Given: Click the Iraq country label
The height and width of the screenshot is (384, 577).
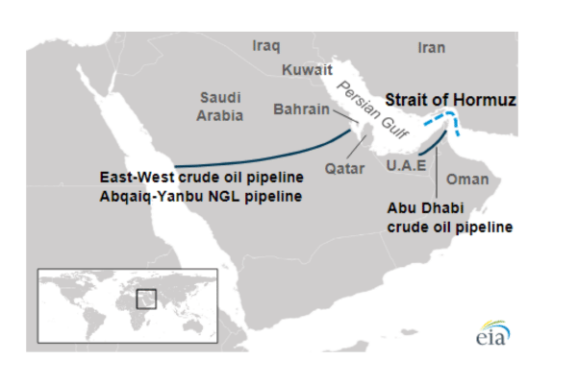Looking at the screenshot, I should click(x=266, y=45).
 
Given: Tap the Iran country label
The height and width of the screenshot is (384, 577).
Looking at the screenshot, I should click(x=432, y=47).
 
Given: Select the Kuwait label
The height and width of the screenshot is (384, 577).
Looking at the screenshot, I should click(x=307, y=70).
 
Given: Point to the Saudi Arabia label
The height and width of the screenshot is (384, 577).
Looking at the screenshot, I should click(x=221, y=107).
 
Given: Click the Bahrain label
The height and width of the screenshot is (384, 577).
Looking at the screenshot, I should click(x=301, y=109).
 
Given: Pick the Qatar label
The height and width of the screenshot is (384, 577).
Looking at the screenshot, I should click(x=344, y=168).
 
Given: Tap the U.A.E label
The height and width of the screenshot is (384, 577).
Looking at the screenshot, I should click(x=405, y=165).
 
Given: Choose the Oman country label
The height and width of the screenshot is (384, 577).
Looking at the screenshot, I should click(x=467, y=179).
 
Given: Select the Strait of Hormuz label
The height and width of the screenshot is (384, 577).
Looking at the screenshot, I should click(x=450, y=99).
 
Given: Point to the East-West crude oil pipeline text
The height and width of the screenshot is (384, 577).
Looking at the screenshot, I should click(x=202, y=179).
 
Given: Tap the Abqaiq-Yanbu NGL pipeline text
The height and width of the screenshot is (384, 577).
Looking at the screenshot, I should click(x=202, y=196).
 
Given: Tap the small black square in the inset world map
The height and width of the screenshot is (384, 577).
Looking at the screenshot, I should click(x=146, y=299).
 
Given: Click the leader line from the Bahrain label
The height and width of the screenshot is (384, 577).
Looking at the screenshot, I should click(x=346, y=117).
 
